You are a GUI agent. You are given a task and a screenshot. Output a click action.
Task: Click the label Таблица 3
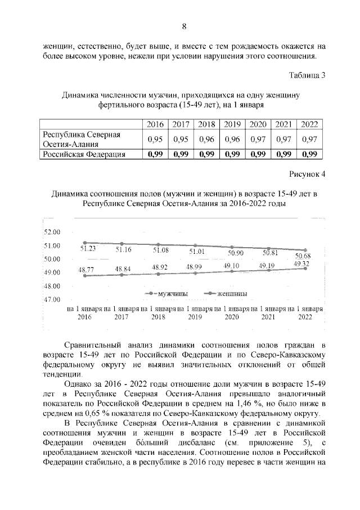(x=307, y=75)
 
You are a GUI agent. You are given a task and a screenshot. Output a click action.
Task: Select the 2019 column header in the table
(x=232, y=124)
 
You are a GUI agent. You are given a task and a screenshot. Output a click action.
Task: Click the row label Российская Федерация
(x=84, y=154)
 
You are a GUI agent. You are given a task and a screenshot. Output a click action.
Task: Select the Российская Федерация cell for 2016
(x=155, y=154)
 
